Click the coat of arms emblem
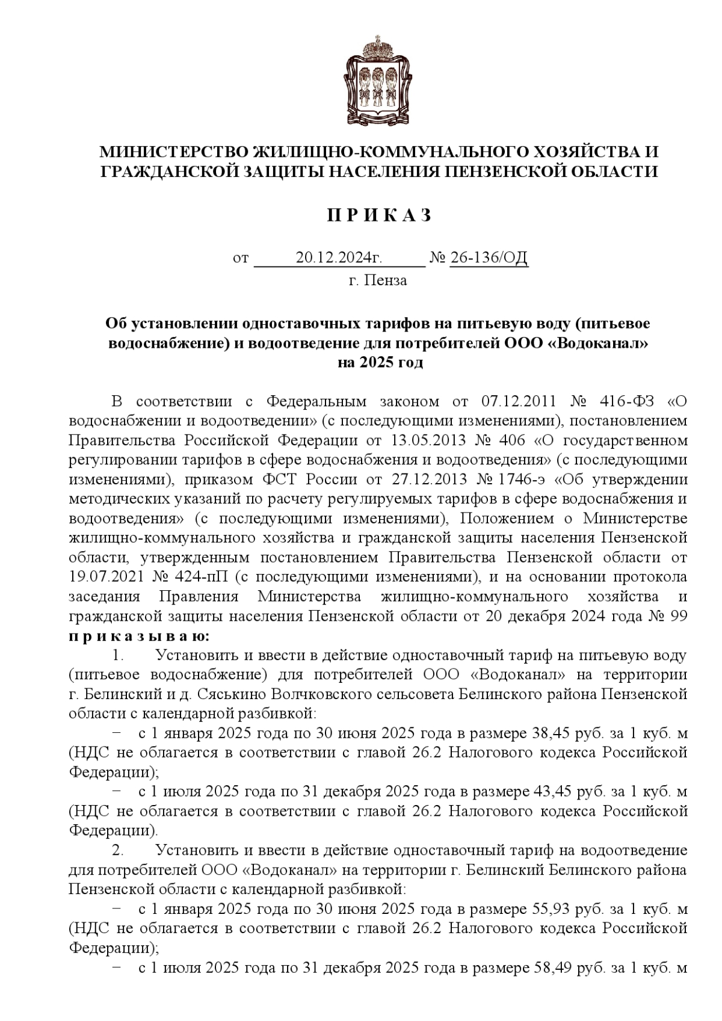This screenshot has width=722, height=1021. [x=379, y=82]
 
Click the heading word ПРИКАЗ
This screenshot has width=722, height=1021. [x=379, y=215]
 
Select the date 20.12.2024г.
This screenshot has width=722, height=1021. [x=340, y=258]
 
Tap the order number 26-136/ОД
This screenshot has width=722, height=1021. [x=489, y=258]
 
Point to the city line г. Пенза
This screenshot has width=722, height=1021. [x=378, y=280]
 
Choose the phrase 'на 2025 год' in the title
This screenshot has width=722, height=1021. [x=380, y=363]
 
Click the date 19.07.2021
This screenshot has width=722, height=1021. [x=106, y=577]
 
